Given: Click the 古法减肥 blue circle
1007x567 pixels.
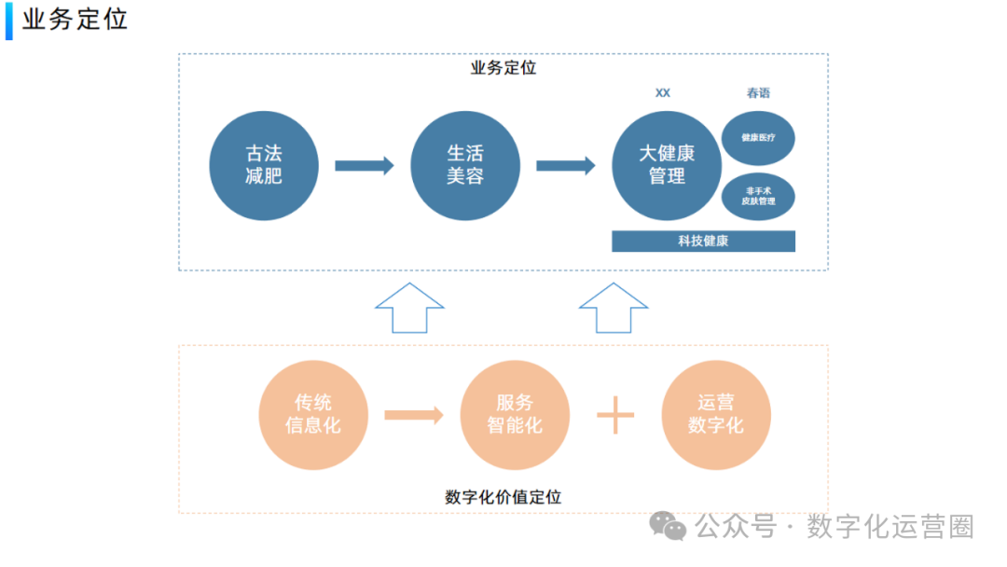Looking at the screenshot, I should [264, 166].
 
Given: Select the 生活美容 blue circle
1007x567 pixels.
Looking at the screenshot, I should [465, 166].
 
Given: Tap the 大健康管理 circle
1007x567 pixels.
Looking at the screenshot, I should [667, 166].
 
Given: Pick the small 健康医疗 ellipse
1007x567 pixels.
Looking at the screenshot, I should [758, 137].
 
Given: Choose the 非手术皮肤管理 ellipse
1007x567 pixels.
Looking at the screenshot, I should [758, 196].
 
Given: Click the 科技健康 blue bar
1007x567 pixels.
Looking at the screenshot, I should [703, 241].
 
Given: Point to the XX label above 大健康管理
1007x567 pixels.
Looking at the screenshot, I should [663, 93].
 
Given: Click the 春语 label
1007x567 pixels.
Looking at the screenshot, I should [758, 93].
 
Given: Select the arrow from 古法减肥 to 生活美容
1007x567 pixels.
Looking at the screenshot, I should [365, 166].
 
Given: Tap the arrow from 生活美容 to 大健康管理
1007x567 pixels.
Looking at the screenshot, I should [566, 166].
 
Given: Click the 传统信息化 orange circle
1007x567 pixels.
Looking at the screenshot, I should [313, 415].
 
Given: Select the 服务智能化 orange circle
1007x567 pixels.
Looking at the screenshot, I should [515, 415].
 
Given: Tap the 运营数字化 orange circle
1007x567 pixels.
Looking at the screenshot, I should [716, 415].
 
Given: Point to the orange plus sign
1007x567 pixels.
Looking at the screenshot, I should [615, 415].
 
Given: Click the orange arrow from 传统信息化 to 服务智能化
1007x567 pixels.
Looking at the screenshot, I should [414, 415].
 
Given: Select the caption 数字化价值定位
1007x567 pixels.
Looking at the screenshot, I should [504, 497].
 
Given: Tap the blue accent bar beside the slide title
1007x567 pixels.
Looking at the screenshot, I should [9, 21].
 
